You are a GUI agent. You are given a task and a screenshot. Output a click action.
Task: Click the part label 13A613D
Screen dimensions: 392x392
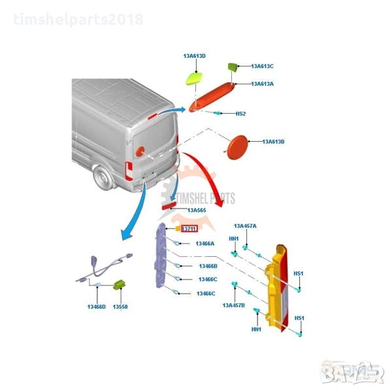pos(195,56)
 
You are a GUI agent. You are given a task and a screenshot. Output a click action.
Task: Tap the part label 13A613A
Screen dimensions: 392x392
pos(262,84)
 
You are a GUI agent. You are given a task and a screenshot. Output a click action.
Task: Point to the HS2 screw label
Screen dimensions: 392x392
pos(240,114)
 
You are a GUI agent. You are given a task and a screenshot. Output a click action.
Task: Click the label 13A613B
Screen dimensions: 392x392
pos(273,141)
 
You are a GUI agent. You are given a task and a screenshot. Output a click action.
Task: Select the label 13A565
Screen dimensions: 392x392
pos(197,210)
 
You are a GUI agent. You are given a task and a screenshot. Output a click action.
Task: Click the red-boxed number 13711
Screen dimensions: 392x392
pos(189,229)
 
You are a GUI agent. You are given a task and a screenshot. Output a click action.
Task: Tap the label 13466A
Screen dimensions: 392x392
pos(205,244)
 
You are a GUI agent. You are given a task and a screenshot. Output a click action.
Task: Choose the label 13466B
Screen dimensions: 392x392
pos(208,266)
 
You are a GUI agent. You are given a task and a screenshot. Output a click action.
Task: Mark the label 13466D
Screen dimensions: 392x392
pos(97,306)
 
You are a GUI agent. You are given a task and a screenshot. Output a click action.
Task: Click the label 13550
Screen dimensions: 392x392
pos(120,306)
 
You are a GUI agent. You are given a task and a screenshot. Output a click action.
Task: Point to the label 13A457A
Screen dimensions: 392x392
pos(245,225)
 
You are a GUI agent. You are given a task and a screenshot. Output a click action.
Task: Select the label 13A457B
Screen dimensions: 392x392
pos(233,305)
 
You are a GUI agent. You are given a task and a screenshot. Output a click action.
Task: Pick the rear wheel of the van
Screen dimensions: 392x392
pos(102,176)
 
